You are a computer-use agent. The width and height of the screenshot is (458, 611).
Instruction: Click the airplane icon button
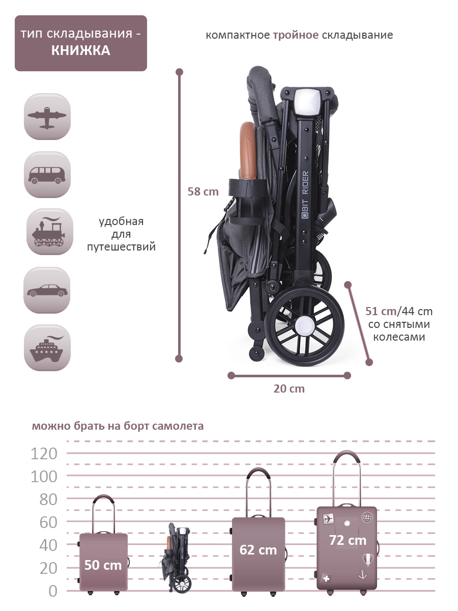tap(47, 117)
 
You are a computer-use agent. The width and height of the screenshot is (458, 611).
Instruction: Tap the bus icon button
tap(47, 175)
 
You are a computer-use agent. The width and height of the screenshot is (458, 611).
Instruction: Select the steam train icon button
tap(49, 232)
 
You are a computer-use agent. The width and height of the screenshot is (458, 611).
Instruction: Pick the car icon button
tap(47, 290)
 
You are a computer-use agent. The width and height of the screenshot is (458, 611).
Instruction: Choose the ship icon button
tap(47, 348)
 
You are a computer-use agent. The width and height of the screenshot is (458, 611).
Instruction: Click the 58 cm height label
tap(203, 191)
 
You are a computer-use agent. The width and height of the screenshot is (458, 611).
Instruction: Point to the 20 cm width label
tap(289, 388)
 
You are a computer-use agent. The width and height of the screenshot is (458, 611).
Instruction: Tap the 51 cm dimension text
tap(381, 311)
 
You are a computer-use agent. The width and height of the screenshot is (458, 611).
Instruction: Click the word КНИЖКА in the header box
tap(80, 50)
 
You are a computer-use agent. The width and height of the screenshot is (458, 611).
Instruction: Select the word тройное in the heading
tap(296, 35)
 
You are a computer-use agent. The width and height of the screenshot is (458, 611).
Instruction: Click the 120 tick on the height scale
tap(44, 453)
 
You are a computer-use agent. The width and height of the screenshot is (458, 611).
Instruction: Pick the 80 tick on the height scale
tap(48, 499)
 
